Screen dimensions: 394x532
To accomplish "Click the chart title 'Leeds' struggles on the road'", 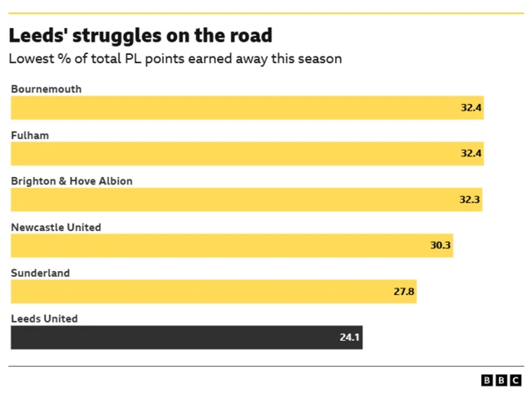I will coord(140,36).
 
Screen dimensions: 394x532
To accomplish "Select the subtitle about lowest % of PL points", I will coord(175,59).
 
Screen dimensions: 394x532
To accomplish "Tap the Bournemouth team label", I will coord(46,89).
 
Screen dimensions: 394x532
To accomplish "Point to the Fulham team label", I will coord(30,135).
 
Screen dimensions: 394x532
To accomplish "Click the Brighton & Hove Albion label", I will coord(71,180).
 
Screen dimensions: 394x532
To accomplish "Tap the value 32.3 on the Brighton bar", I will coord(470,200).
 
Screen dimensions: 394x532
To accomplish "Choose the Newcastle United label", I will coord(56,227).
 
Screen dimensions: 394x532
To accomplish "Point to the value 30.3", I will coord(441,246).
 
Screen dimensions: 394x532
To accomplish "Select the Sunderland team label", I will coord(40,273).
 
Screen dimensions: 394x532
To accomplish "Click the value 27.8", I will coord(404,292).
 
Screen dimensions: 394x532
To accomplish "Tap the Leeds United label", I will coord(44,318).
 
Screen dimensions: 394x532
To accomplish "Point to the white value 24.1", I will coord(349,337).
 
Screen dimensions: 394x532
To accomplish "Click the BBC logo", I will coord(501,380).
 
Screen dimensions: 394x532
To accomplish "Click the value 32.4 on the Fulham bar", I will coord(471,154).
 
